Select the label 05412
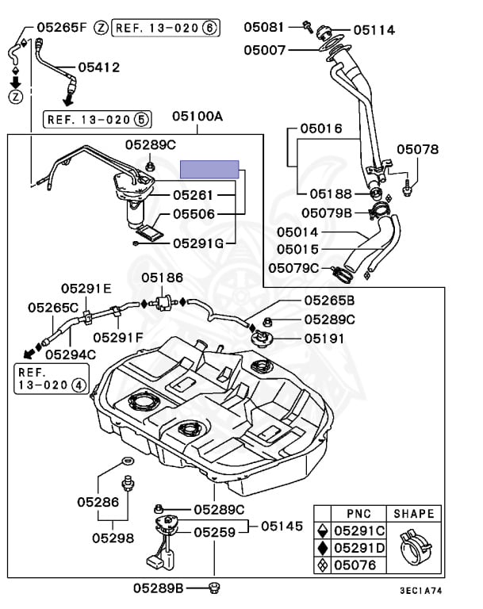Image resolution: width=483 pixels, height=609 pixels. coord(99,67)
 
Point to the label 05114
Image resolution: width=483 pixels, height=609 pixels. coord(374,30)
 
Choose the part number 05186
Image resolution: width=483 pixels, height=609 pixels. coord(163,278)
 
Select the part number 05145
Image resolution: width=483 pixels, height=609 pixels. coord(282,526)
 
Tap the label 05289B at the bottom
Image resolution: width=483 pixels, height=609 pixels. coord(159,588)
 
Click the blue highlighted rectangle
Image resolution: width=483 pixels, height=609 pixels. coord(209,167)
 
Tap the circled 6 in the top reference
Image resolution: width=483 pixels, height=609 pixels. coord(209,28)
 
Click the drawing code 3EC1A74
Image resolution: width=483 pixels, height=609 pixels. coord(420,592)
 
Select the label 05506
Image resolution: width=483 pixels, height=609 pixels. coord(194,213)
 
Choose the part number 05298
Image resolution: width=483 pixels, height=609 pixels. coord(111,538)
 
